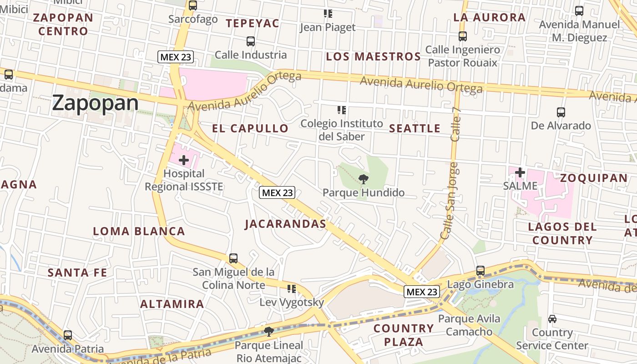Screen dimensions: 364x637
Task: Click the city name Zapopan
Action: point(95,103)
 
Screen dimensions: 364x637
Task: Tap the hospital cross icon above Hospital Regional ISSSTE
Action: point(184,160)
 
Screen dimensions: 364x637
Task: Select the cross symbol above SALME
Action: point(520,172)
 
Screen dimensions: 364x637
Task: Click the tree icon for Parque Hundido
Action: point(363,179)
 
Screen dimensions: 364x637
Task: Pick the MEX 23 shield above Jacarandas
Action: point(277,192)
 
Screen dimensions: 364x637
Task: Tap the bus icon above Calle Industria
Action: point(251,41)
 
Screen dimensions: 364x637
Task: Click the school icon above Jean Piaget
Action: point(328,14)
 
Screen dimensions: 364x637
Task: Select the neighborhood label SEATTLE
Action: point(415,129)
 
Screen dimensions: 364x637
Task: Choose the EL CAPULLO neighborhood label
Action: point(250,129)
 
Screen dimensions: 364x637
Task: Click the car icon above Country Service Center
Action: point(552,319)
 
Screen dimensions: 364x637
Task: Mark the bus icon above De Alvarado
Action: point(561,112)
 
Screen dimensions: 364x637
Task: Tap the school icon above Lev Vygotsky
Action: point(292,288)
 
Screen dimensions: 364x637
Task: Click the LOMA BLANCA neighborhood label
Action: point(139,231)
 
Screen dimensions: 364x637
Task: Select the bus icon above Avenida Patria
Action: point(68,335)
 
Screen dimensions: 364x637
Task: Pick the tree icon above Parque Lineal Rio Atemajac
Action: point(268,331)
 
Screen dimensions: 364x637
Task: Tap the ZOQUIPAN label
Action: point(593,178)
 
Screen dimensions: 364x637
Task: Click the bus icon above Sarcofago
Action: point(193,5)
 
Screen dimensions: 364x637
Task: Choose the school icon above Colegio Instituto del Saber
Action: point(342,110)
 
